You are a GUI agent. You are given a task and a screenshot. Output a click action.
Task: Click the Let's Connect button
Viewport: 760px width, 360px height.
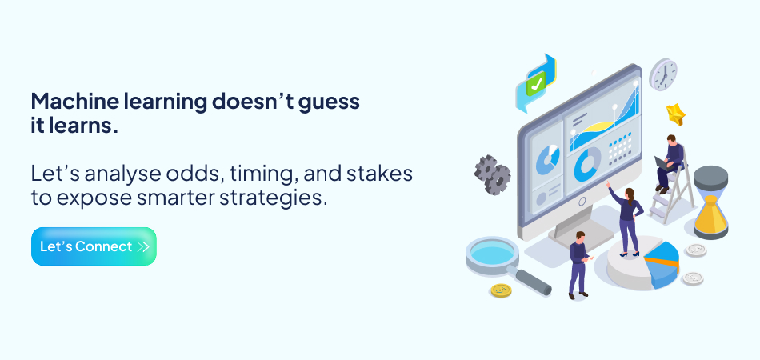pos(94,246)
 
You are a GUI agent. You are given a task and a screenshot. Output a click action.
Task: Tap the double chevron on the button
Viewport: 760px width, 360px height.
pos(143,246)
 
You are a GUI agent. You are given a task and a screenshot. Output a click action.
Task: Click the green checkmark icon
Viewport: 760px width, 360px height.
pos(535,82)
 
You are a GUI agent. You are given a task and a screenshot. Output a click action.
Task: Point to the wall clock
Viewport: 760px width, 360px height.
pos(663,74)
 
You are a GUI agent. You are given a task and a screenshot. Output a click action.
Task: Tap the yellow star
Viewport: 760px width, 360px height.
pos(676,114)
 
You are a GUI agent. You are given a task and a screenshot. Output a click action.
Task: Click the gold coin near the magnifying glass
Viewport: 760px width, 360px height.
pos(501,290)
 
